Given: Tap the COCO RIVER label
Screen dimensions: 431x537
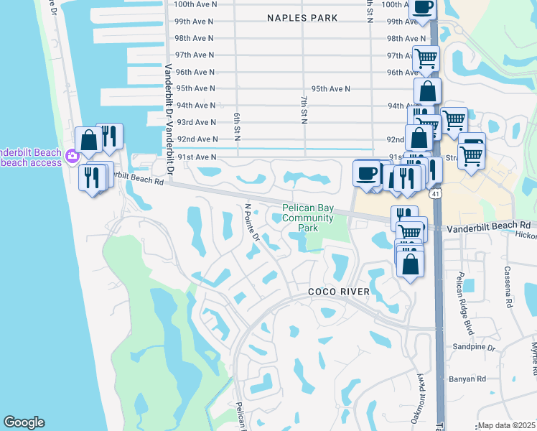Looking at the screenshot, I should point(339,292).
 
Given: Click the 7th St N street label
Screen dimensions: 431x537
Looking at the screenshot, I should point(304,107).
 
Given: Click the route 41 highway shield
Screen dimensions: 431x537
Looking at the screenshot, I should point(434,195).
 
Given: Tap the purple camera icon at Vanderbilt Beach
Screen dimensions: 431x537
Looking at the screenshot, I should point(71,156).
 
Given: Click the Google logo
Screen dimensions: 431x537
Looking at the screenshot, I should point(24,422).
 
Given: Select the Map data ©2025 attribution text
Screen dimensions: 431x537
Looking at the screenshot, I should point(506,425).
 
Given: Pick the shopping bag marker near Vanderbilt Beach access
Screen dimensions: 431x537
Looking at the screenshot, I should point(89,140).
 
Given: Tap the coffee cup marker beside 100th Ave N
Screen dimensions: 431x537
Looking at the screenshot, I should point(423,8).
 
